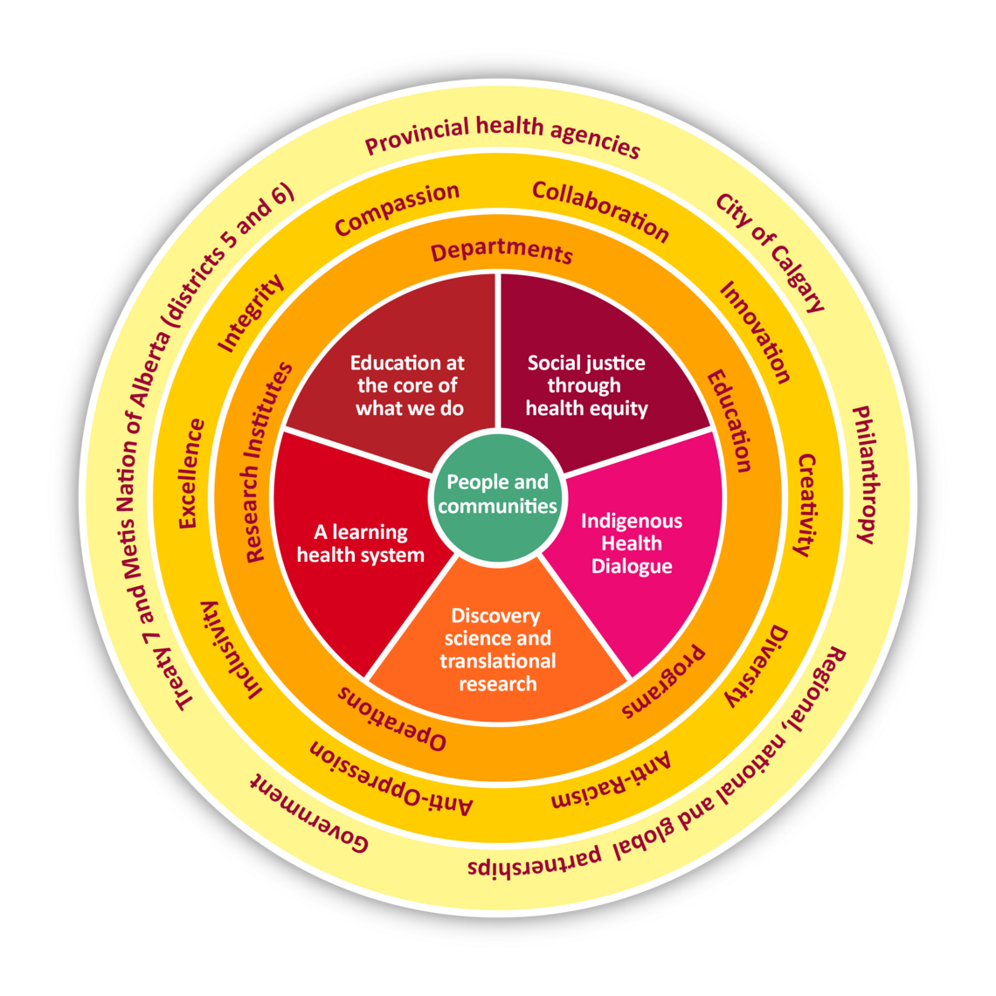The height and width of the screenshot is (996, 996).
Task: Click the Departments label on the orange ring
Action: pos(502,252)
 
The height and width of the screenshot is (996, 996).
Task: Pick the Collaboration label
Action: pos(600,211)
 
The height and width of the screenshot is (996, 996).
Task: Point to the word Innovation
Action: pos(755,332)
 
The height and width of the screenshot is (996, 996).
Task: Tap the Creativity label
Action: pos(805,504)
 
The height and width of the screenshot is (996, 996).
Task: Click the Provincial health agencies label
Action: pos(502,136)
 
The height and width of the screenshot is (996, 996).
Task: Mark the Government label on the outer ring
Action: pos(311,813)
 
